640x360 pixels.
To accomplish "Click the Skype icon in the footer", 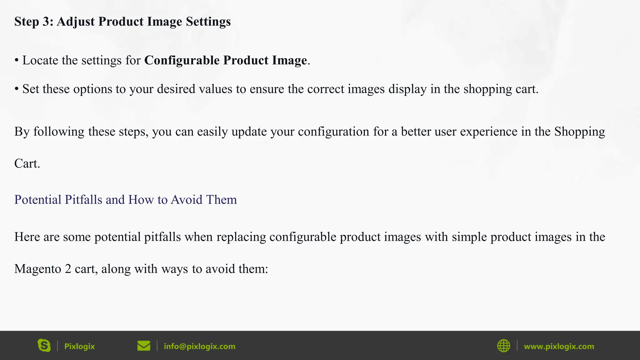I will [44, 346].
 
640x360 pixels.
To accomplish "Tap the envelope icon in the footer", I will [144, 346].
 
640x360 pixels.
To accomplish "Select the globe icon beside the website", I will [503, 346].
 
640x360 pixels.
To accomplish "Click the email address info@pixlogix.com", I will [199, 346].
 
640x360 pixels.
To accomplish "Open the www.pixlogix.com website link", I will [559, 346].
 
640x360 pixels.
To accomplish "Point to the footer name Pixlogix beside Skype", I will [79, 346].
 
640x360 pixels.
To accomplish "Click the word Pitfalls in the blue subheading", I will [83, 200].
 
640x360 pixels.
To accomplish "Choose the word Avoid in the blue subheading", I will [187, 200].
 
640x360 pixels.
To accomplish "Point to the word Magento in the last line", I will [37, 269].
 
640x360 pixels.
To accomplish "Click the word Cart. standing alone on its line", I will [27, 163].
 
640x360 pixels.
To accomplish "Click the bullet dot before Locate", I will [17, 61].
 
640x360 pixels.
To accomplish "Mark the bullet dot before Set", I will [17, 89].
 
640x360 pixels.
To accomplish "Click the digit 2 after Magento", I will [68, 269].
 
